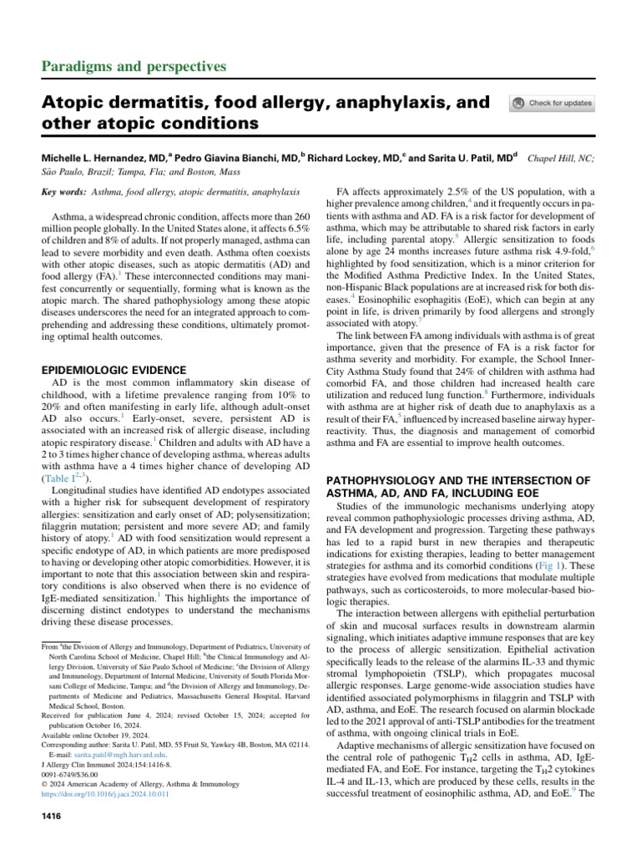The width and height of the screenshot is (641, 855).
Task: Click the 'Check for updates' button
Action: click(x=552, y=104)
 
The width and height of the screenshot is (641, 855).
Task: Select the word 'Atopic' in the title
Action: click(x=75, y=103)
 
